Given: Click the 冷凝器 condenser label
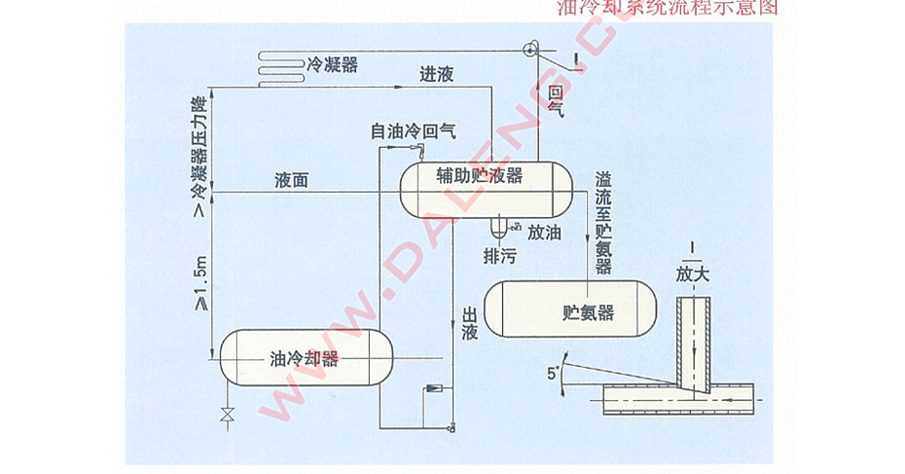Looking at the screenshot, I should pyautogui.click(x=333, y=64).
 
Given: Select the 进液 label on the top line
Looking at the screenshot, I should pyautogui.click(x=436, y=75).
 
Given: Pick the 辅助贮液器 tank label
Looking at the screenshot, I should pyautogui.click(x=480, y=175).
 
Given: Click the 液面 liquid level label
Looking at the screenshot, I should pyautogui.click(x=292, y=181).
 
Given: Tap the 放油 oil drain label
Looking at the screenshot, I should pyautogui.click(x=545, y=233).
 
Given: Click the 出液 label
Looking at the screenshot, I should pyautogui.click(x=468, y=324).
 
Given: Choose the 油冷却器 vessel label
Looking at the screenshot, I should pyautogui.click(x=304, y=358).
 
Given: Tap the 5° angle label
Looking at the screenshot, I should pyautogui.click(x=554, y=373).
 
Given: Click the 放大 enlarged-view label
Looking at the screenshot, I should pyautogui.click(x=693, y=273).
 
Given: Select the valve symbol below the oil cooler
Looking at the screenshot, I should pyautogui.click(x=228, y=416).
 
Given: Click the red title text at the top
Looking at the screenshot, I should pyautogui.click(x=668, y=9).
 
